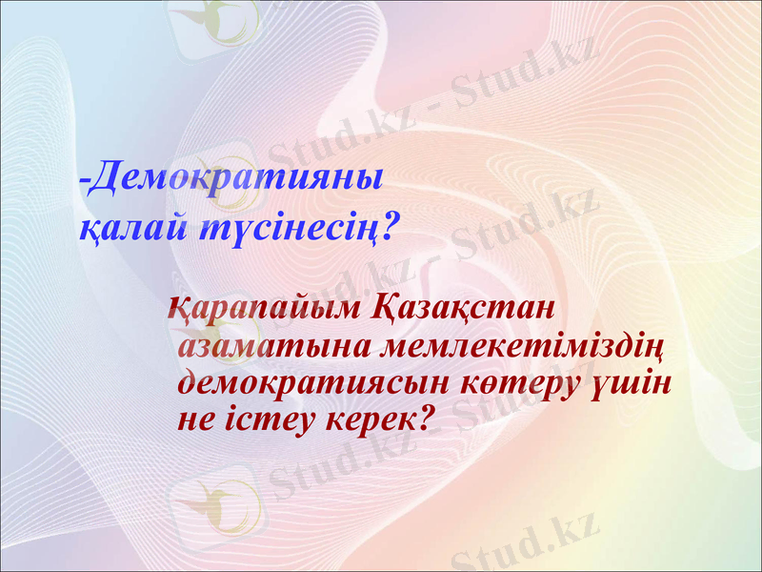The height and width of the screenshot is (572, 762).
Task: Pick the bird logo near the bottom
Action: pyautogui.click(x=221, y=503)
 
